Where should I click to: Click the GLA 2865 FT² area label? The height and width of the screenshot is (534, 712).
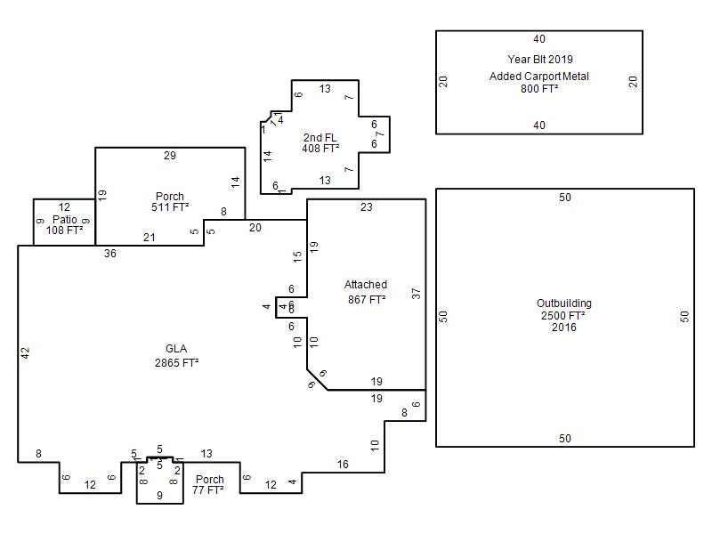point(176,355)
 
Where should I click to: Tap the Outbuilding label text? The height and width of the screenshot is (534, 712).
point(564,303)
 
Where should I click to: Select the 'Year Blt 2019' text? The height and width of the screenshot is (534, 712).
point(540,59)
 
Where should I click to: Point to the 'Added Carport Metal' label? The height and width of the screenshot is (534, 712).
point(539,77)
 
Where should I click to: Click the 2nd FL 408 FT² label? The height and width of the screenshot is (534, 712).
point(320,142)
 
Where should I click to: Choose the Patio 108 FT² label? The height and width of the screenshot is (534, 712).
point(64,225)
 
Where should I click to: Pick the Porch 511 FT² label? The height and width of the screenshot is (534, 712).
point(170,202)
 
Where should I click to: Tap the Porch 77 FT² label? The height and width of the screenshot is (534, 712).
point(208,484)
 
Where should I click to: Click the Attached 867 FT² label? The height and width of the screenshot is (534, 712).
point(366,292)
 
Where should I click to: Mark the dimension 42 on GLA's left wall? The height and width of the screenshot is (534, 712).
point(25,352)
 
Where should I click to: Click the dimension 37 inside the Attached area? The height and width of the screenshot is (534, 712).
point(416,294)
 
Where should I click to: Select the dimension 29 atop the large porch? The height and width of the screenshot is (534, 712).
point(170,155)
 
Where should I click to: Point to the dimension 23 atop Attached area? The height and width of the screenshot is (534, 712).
point(367,207)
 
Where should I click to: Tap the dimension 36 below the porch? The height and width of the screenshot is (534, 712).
point(110,254)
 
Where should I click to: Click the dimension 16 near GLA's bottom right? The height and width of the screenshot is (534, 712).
point(343,464)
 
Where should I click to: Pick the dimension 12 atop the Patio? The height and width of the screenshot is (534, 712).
point(64,207)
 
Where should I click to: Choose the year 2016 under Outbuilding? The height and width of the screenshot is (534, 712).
point(564,327)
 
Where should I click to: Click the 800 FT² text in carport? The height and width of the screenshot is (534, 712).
point(539,88)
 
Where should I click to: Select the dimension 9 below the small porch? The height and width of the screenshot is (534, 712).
point(159,496)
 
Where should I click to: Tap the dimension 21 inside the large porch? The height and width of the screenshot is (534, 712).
point(150,237)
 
